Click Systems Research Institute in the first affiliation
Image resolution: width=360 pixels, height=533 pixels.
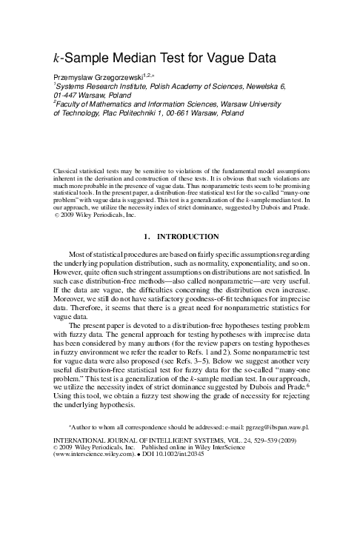pyautogui.click(x=93, y=86)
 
